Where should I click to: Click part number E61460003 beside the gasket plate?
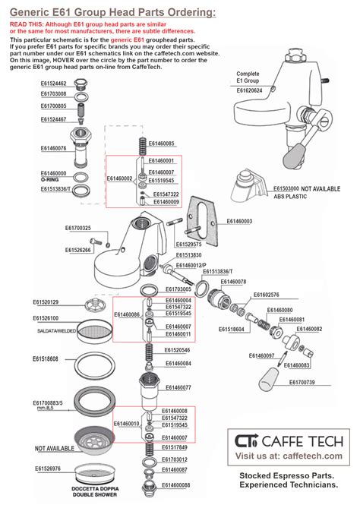click(239, 221)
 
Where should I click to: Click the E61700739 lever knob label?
click(306, 382)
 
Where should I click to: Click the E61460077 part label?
click(177, 387)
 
